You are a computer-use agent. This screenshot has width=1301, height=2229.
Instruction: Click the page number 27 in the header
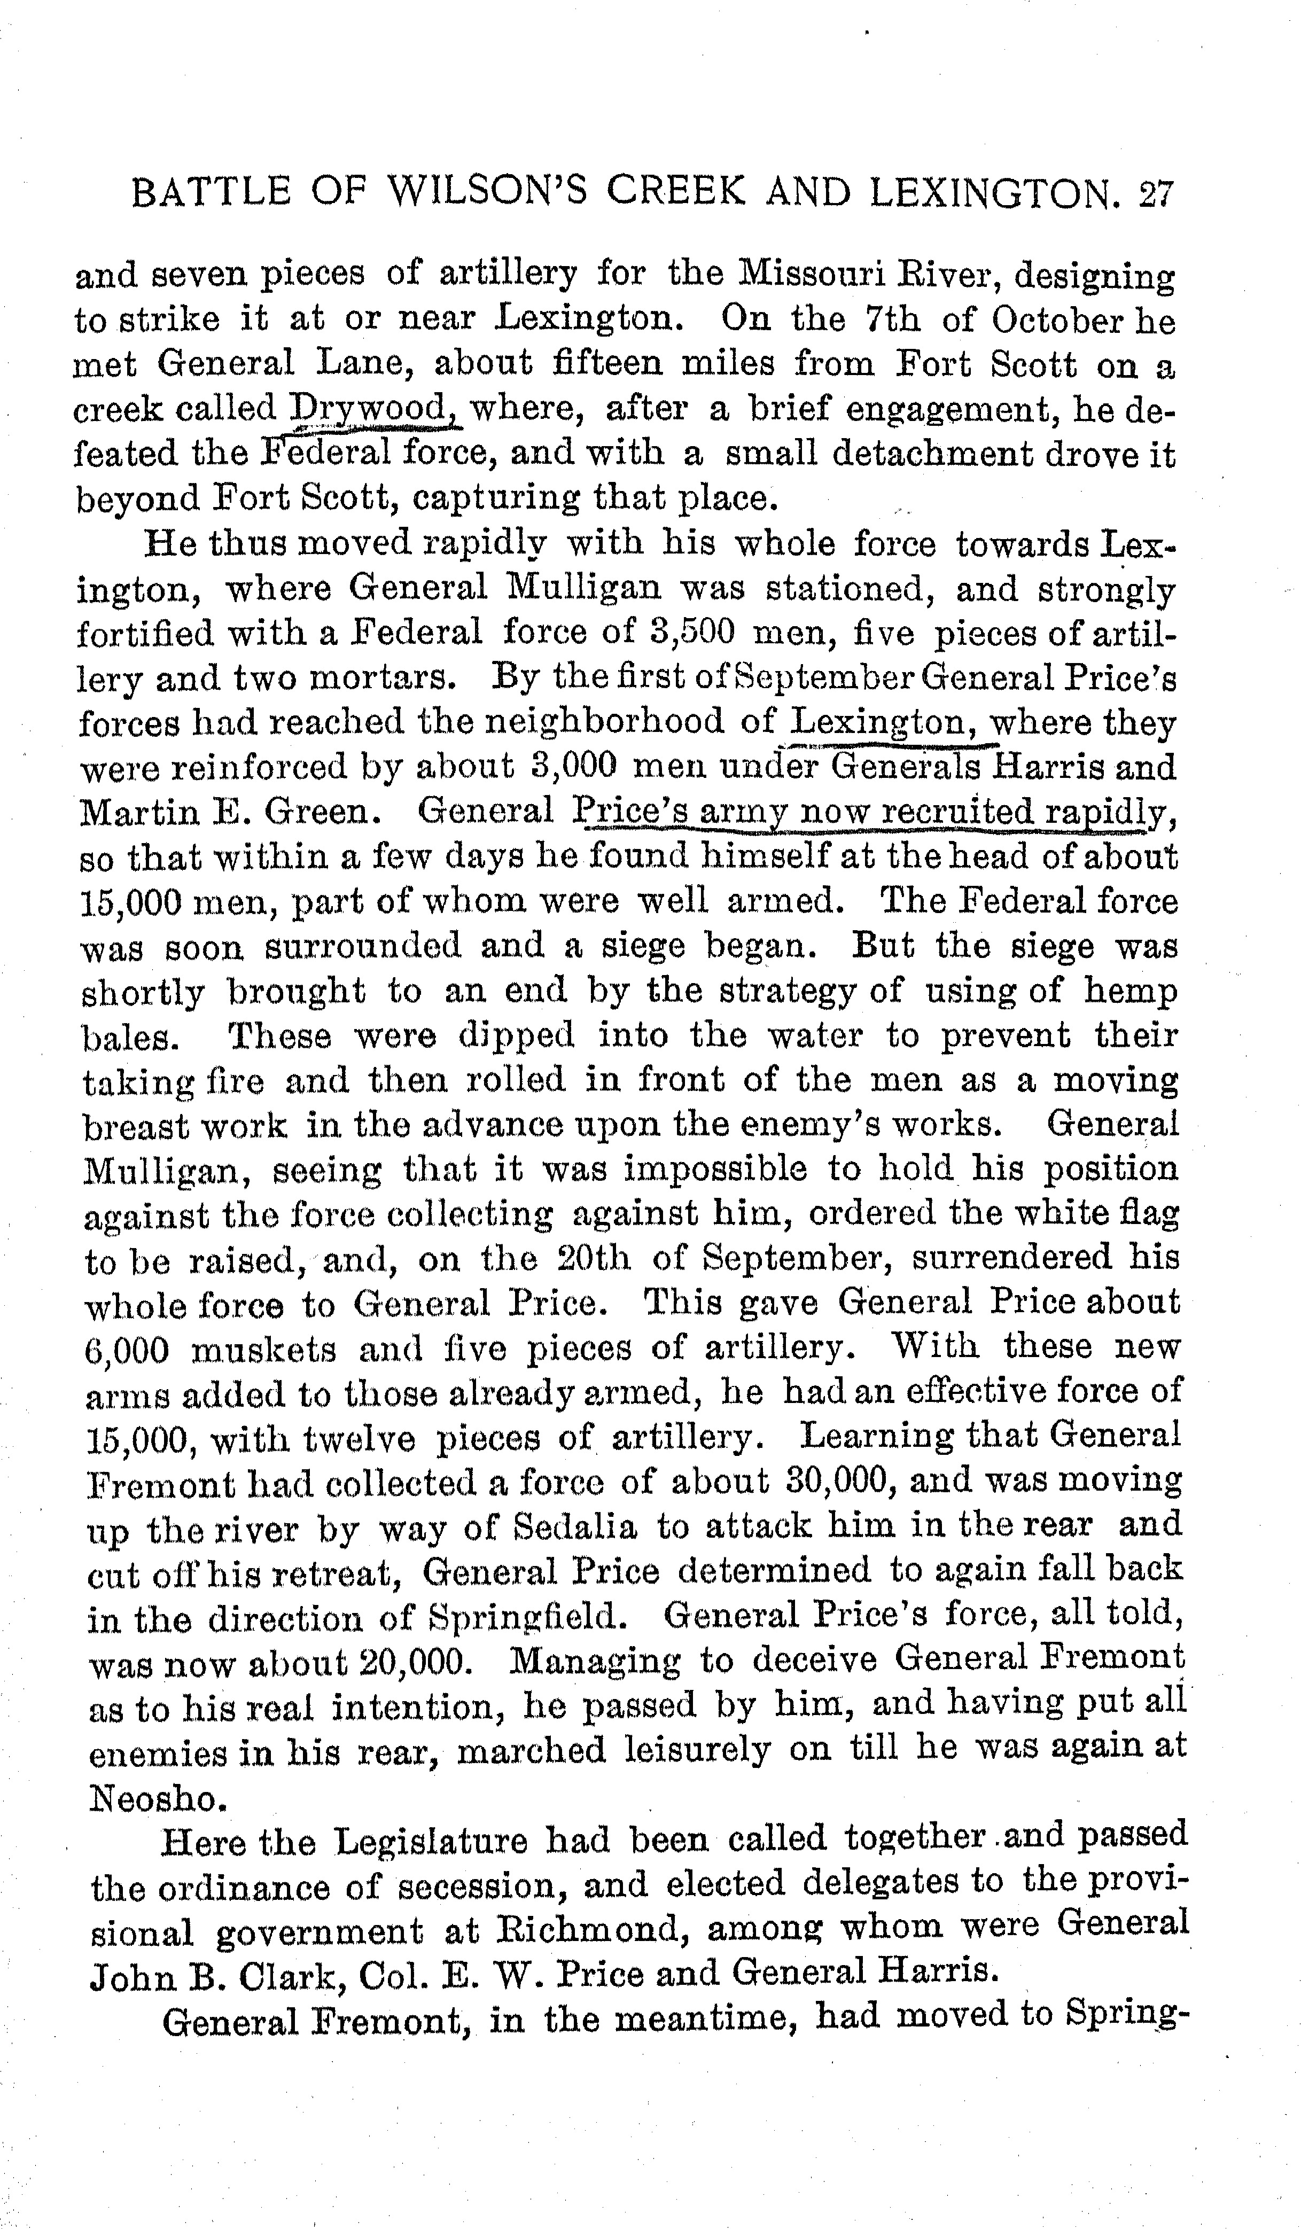[x=1154, y=194]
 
